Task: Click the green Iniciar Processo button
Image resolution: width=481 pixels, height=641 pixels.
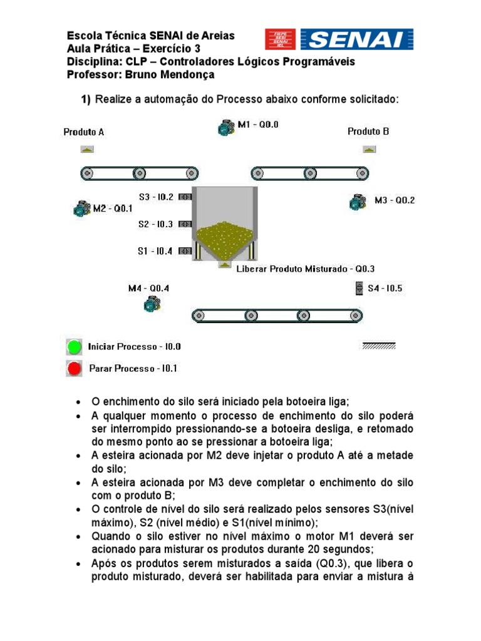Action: pos(75,346)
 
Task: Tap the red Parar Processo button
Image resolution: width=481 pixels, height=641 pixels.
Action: pos(75,369)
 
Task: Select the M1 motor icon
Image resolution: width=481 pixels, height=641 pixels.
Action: pos(225,128)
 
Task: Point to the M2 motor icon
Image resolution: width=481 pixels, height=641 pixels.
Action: pos(81,208)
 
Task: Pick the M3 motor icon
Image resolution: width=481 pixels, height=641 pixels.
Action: pos(357,201)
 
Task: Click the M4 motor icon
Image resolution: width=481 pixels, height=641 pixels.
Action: pos(151,304)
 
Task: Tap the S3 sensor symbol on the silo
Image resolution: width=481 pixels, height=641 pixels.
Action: pos(185,197)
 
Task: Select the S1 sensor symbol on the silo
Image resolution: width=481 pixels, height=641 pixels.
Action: pos(185,251)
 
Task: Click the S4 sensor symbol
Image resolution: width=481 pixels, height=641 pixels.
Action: pos(359,288)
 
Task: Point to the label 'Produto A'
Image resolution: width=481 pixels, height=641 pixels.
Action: pos(84,132)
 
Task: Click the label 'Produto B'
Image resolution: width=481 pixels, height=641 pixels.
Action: pos(368,131)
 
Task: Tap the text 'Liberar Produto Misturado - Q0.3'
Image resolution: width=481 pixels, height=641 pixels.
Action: pos(306,269)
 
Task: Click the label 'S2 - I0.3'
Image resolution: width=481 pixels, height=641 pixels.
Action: pos(156,223)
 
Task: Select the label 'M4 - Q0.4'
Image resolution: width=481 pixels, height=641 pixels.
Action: pos(148,288)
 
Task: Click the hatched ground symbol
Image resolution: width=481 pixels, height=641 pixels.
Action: pos(378,346)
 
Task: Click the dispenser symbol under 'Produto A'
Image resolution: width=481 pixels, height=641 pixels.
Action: pos(86,149)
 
